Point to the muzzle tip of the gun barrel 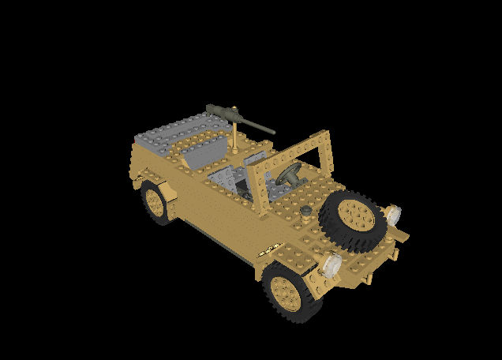[x=273, y=132]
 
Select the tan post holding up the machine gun [x=236, y=137]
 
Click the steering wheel [x=288, y=174]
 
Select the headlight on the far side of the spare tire [x=392, y=213]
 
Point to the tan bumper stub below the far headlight [x=403, y=235]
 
